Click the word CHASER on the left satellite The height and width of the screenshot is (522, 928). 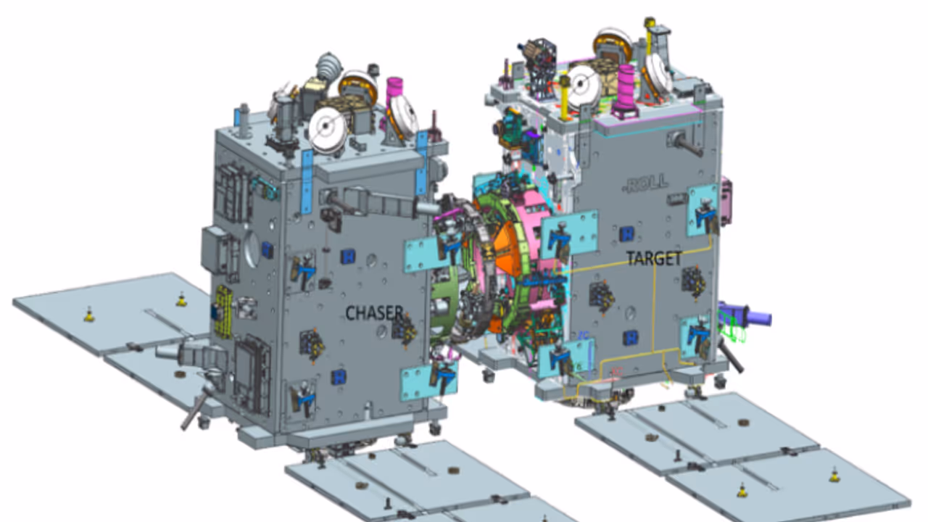(374, 312)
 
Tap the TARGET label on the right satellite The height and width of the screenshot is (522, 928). (654, 259)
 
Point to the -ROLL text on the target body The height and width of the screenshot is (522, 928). (646, 183)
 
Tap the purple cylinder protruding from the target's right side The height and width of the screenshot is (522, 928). (746, 315)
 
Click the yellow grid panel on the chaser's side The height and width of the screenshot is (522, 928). (223, 311)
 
